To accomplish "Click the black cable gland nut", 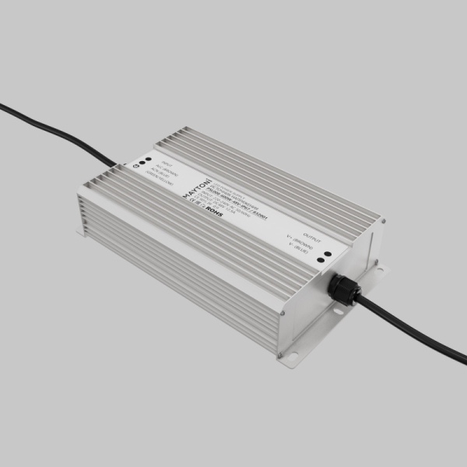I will point(342,287).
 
